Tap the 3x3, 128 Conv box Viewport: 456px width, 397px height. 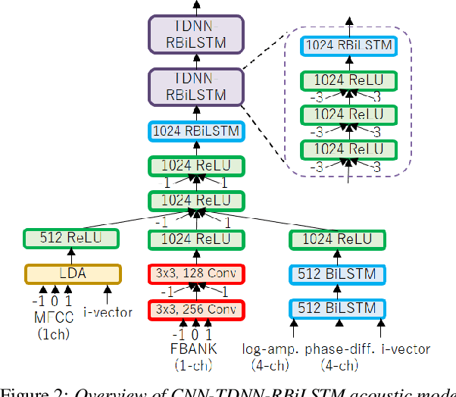(196, 274)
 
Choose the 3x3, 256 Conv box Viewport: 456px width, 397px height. (196, 309)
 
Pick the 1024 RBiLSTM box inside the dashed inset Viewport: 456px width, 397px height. (348, 45)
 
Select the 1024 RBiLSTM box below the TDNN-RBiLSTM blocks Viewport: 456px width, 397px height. (196, 130)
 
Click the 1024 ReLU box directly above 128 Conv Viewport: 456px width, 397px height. (196, 239)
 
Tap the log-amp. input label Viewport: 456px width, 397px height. (270, 349)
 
